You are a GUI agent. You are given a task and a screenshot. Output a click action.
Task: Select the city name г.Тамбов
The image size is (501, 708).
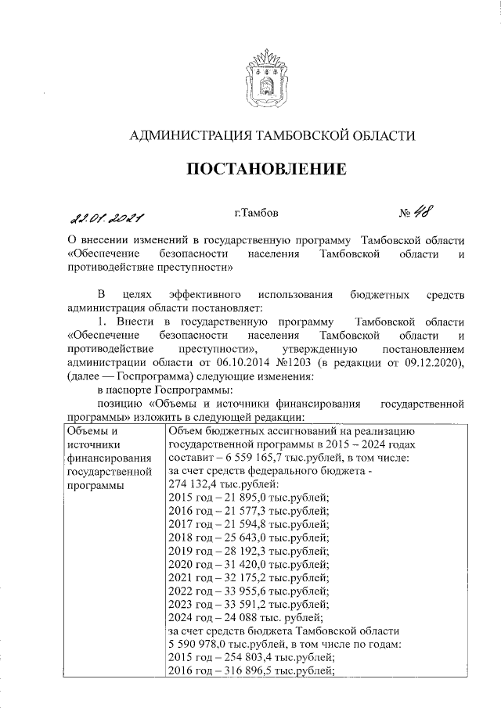click(x=255, y=212)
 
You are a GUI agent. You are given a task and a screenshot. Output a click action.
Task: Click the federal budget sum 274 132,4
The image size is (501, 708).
click(x=196, y=484)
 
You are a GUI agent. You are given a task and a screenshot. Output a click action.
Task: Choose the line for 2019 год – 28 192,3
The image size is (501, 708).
click(x=247, y=551)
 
